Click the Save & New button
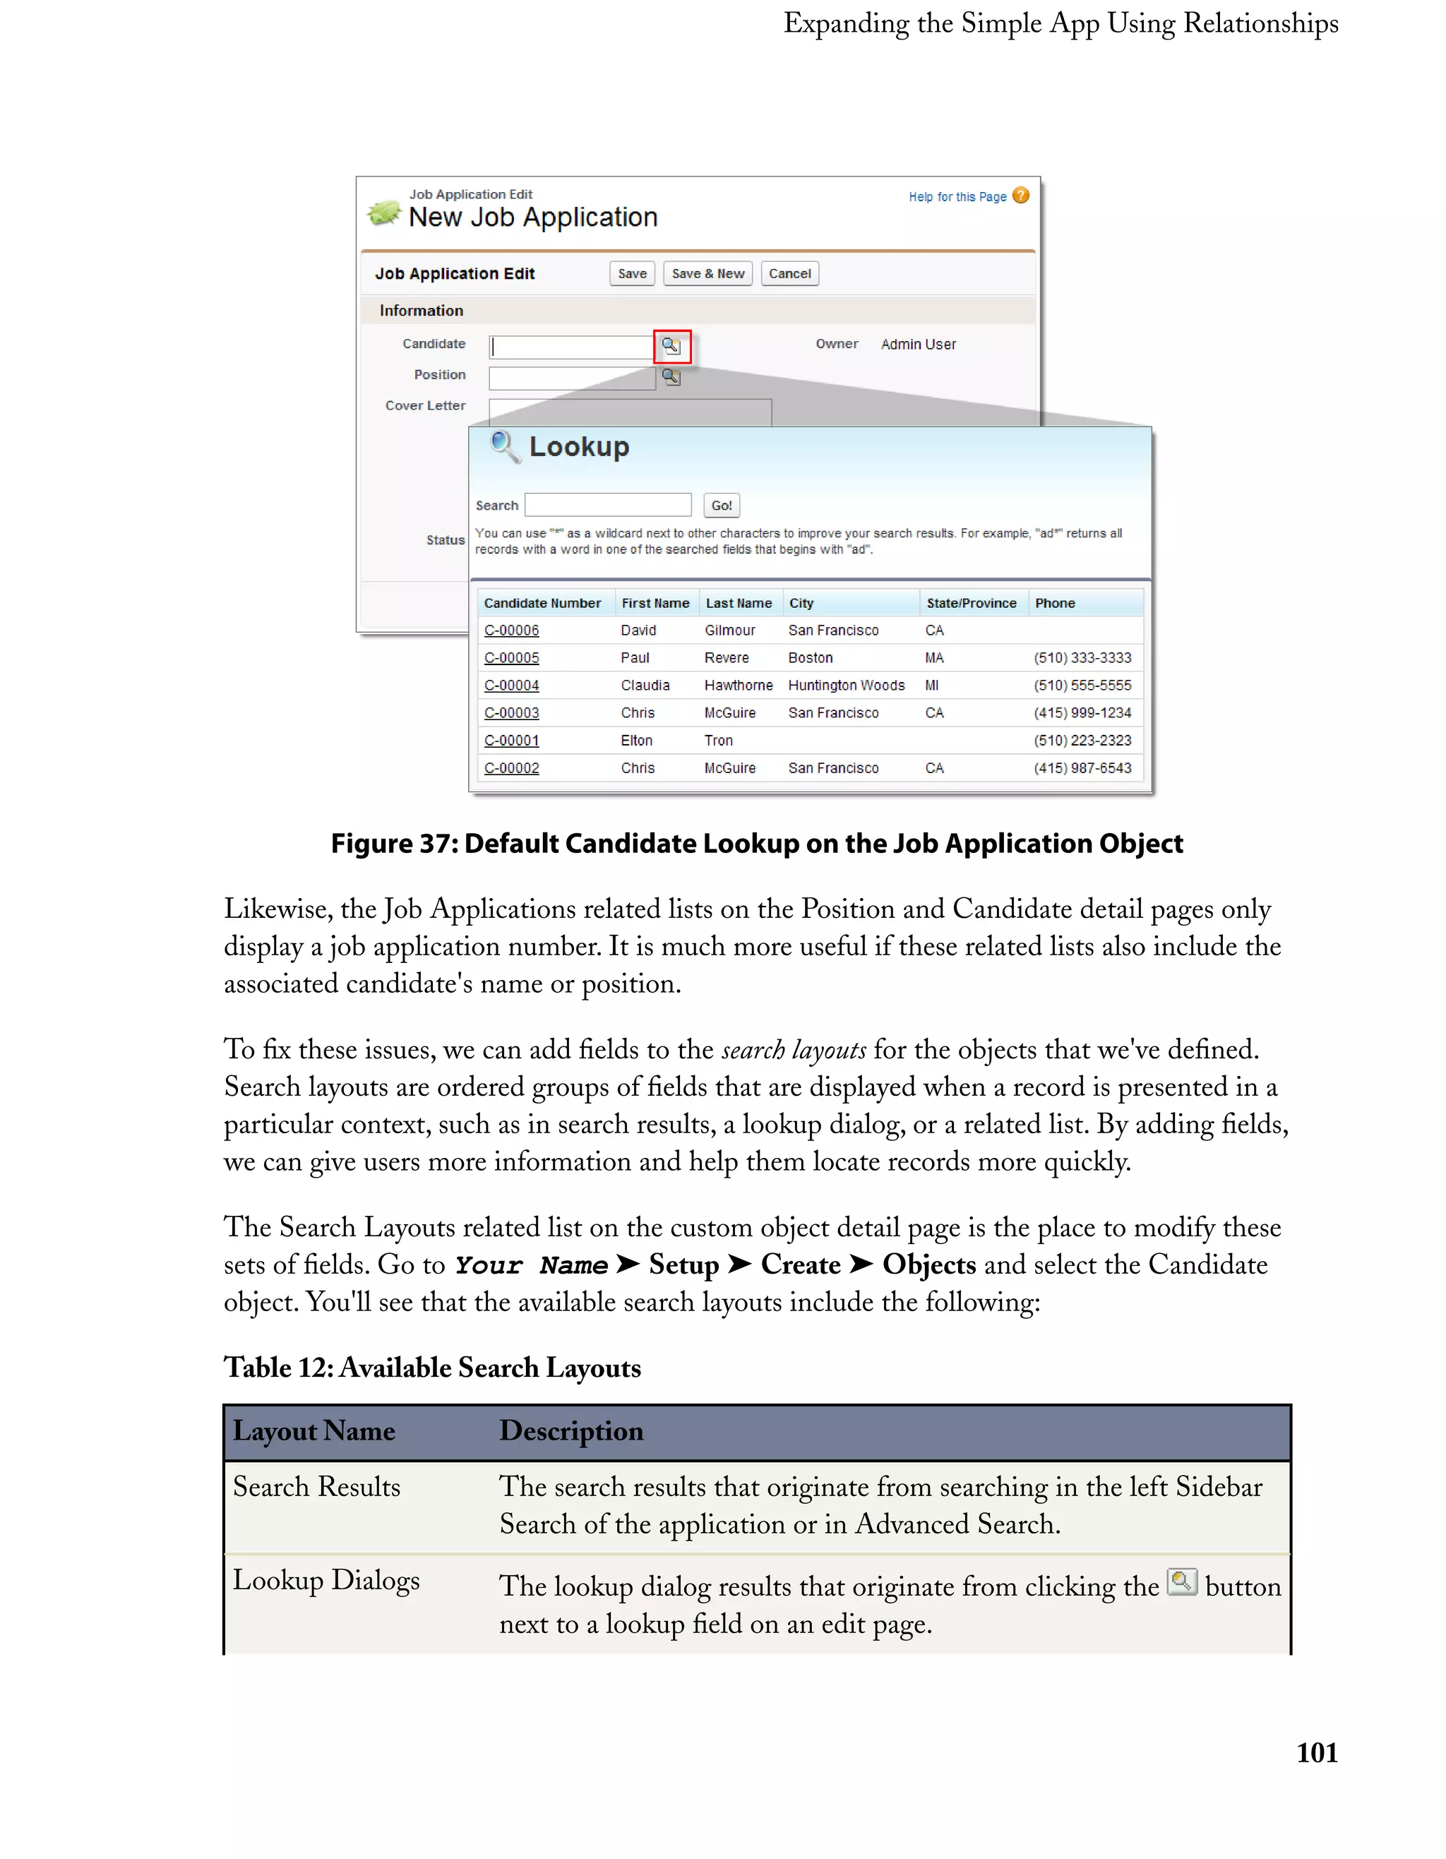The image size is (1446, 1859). tap(707, 273)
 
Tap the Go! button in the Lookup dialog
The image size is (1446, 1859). tap(721, 506)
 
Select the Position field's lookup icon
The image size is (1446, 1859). tap(671, 377)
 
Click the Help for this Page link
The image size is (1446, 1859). tap(957, 196)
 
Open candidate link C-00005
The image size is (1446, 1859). tap(511, 658)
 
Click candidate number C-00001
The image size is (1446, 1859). tap(511, 741)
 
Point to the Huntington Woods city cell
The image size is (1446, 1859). tap(846, 685)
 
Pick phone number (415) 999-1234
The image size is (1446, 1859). tap(1082, 713)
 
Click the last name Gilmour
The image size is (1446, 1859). tap(729, 630)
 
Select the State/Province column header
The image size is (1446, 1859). tap(971, 604)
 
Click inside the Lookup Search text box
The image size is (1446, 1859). tap(608, 505)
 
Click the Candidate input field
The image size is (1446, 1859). tap(571, 347)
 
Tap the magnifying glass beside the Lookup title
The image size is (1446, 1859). tap(505, 446)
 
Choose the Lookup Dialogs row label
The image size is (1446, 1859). tap(326, 1581)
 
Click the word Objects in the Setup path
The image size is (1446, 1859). tap(928, 1265)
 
